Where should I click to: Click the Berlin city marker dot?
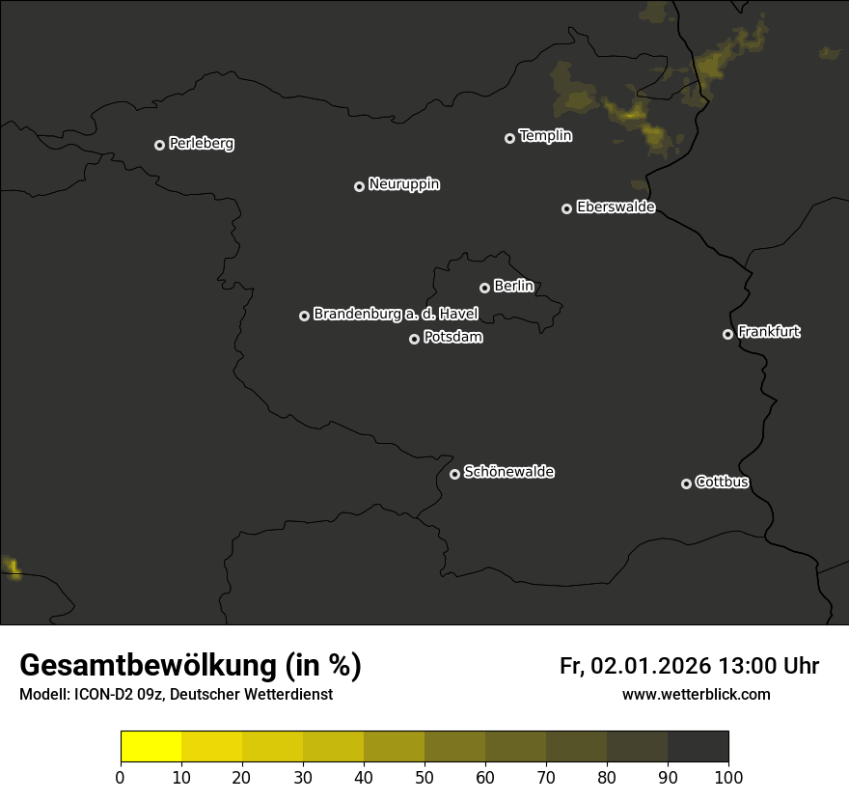pos(484,288)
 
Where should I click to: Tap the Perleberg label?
pos(202,144)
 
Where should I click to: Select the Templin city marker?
pos(509,138)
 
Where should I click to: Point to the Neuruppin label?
pos(404,184)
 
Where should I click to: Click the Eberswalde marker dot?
pos(566,208)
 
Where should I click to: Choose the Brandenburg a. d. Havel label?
pos(396,315)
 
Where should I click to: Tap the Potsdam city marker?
pos(414,339)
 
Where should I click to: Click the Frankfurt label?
pos(769,332)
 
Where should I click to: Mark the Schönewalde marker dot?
pos(454,474)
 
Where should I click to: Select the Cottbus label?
pos(722,483)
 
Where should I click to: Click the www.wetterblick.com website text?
pos(696,695)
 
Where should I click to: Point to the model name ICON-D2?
pos(100,695)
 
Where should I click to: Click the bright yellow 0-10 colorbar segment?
pos(151,747)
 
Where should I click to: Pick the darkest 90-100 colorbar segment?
pos(698,747)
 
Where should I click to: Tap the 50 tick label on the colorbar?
pos(424,777)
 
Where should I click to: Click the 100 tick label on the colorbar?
pos(728,777)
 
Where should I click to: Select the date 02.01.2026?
pos(651,667)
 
